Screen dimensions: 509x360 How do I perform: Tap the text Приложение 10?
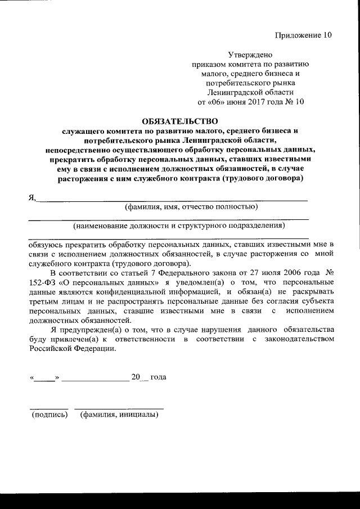pos(304,35)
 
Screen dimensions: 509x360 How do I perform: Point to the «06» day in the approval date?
pos(218,102)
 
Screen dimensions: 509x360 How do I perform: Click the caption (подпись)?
pos(50,415)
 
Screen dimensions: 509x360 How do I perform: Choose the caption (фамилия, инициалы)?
pos(119,415)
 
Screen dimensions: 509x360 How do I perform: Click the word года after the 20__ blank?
pos(158,377)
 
